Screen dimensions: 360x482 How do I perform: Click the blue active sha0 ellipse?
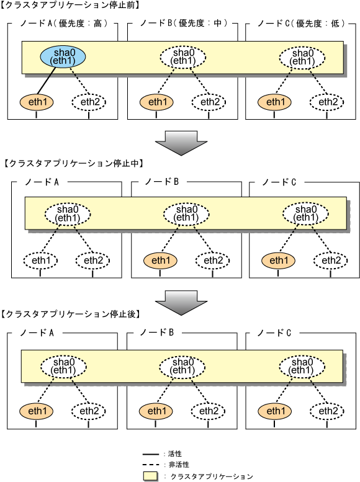(x=63, y=57)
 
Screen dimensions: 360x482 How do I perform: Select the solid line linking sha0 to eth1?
(x=47, y=80)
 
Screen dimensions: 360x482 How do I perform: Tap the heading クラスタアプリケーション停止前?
(x=70, y=5)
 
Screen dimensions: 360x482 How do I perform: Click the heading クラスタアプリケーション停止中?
(x=73, y=163)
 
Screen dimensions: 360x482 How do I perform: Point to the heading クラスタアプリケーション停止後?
(x=71, y=314)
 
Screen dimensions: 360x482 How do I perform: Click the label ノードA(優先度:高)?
(x=64, y=24)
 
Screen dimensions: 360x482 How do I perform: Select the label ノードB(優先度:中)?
(x=184, y=24)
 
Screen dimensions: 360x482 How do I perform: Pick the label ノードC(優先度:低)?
(x=301, y=24)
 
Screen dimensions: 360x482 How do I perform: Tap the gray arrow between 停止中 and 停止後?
(x=181, y=303)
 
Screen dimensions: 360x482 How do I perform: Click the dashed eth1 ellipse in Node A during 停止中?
(x=40, y=261)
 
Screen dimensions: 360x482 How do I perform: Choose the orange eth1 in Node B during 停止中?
(x=160, y=261)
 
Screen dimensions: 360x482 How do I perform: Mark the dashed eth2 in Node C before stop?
(x=326, y=102)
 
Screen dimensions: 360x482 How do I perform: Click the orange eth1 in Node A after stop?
(x=37, y=411)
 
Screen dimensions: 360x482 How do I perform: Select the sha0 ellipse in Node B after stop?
(x=182, y=367)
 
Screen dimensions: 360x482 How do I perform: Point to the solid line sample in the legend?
(x=151, y=454)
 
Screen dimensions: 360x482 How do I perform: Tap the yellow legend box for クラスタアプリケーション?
(x=150, y=476)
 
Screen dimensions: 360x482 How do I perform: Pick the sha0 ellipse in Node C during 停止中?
(x=305, y=213)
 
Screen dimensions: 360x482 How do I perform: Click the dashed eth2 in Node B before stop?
(x=209, y=102)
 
